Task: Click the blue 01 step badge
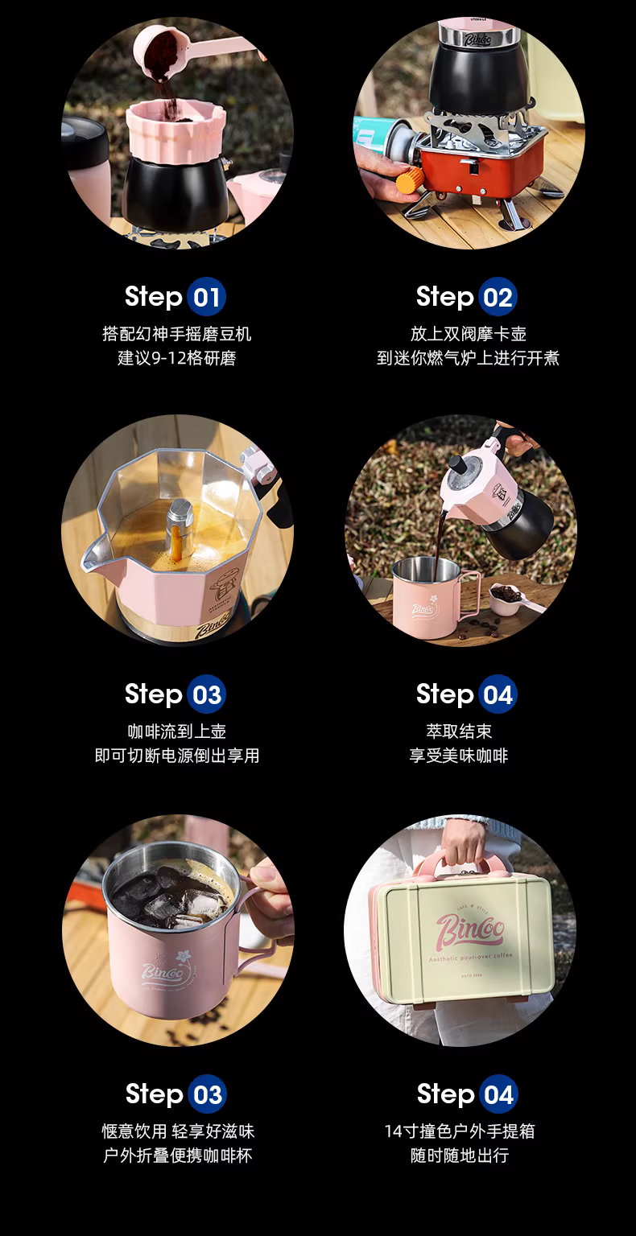click(206, 297)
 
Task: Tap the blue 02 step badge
click(498, 297)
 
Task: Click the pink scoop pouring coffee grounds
click(182, 50)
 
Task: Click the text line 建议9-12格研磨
click(176, 358)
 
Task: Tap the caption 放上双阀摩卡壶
click(469, 334)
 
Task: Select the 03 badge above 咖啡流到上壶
click(206, 694)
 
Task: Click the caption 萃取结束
click(459, 731)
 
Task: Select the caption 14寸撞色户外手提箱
click(460, 1131)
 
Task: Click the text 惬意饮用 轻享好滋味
click(178, 1131)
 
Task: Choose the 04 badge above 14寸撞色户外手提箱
click(498, 1094)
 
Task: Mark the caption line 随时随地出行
click(460, 1155)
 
